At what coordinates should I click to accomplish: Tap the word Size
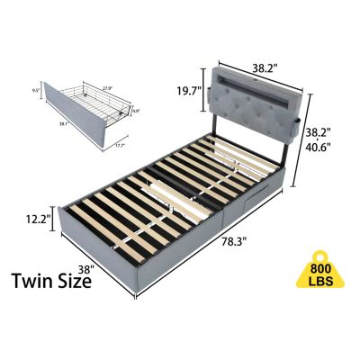[73, 281]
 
